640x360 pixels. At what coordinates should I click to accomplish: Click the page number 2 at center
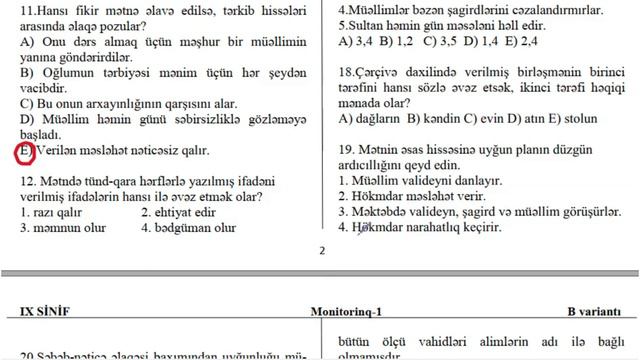(321, 252)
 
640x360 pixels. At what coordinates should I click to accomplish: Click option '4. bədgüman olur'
(189, 228)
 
